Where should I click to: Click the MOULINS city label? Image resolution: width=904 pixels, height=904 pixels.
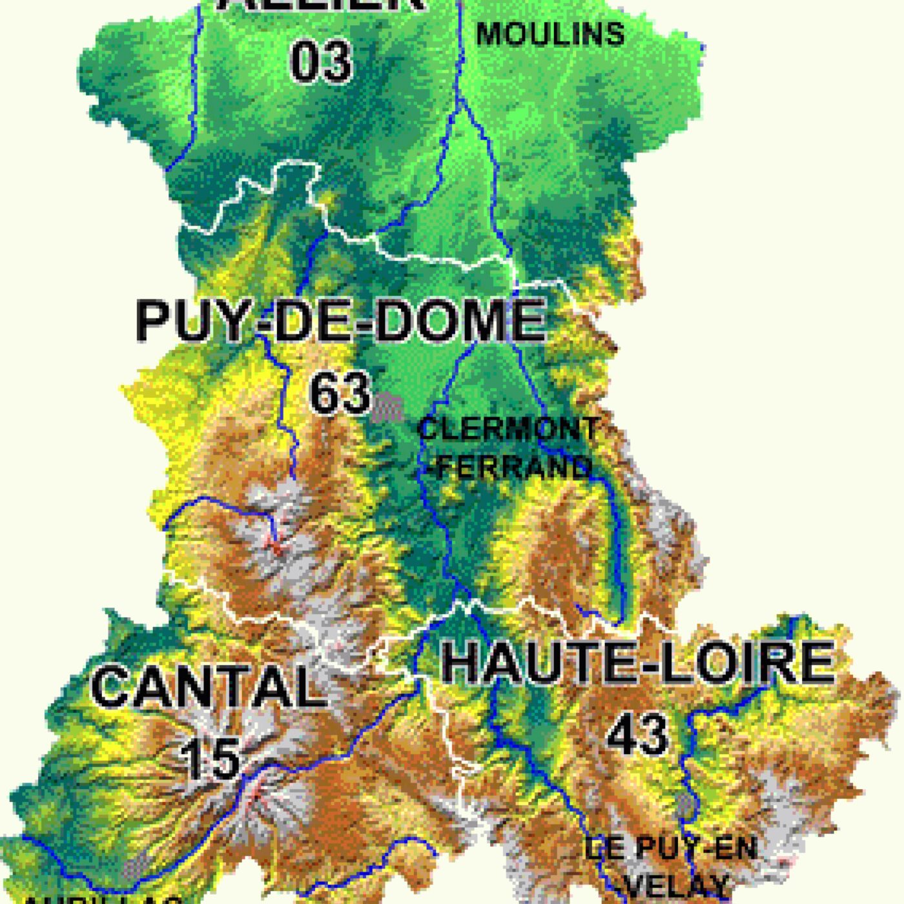(550, 34)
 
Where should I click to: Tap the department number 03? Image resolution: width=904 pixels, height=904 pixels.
(321, 61)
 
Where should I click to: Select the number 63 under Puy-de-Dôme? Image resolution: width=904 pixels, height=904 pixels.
(340, 393)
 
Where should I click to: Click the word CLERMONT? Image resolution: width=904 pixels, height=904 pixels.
(509, 429)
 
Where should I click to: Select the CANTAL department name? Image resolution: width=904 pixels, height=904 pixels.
(208, 686)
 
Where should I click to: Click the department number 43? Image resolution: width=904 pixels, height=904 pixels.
(638, 734)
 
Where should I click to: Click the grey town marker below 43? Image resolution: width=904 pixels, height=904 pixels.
(686, 804)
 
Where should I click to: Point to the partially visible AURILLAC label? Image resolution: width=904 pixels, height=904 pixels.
(103, 899)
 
